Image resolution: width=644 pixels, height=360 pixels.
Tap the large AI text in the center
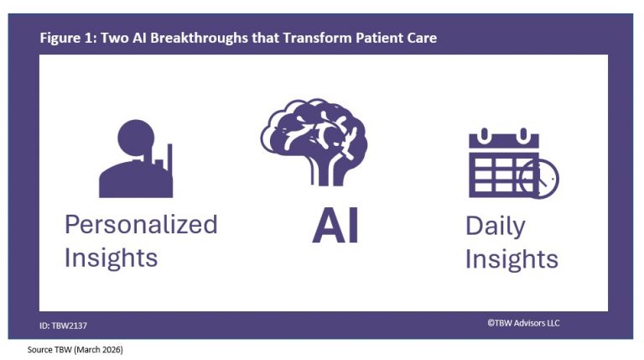335,227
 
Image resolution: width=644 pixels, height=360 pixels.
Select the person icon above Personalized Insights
136,159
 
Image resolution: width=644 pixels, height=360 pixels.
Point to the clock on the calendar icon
539,179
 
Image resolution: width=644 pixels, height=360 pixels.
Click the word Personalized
141,225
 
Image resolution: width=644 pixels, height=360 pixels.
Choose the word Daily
496,227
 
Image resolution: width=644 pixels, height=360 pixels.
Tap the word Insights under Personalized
111,258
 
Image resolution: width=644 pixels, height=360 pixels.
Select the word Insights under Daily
512,259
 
